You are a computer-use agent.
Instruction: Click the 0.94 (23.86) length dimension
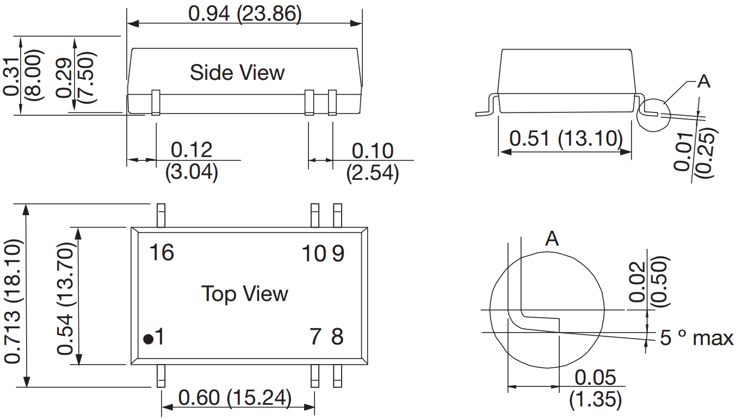click(245, 14)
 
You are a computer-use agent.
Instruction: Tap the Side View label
click(237, 72)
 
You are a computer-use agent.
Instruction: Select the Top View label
click(245, 293)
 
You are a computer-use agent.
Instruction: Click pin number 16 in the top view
click(162, 253)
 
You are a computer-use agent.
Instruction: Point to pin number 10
click(314, 254)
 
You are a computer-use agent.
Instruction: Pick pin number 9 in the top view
click(338, 254)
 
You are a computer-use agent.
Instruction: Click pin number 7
click(316, 337)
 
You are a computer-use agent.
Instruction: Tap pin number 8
click(337, 337)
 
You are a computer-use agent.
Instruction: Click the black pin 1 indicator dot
click(149, 339)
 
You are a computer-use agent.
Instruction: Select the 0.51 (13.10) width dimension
click(566, 139)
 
